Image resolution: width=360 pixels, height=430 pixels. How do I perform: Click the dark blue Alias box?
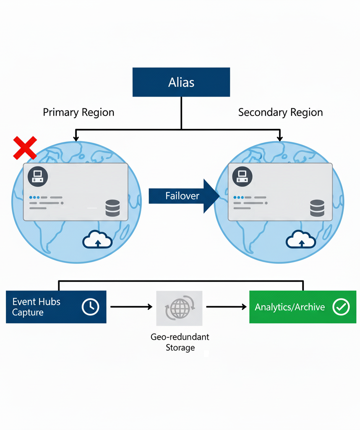[x=181, y=82]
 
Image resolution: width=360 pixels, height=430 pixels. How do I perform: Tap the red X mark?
[x=25, y=148]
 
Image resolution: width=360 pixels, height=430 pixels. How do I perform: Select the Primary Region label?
[x=78, y=113]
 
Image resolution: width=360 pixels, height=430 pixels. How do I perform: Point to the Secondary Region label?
[x=280, y=113]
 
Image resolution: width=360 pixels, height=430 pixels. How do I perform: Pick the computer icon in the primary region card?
[x=38, y=176]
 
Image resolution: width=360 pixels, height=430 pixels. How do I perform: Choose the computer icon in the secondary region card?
[x=242, y=176]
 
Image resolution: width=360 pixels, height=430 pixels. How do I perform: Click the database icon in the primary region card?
[x=112, y=208]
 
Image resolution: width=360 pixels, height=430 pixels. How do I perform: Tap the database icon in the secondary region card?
[x=317, y=208]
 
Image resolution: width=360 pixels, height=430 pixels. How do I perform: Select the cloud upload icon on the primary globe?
[x=97, y=241]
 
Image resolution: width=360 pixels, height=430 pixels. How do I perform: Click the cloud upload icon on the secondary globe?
[x=301, y=241]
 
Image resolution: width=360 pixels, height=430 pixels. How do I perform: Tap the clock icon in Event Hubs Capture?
[x=90, y=307]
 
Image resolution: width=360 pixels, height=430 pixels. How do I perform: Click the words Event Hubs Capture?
[x=36, y=307]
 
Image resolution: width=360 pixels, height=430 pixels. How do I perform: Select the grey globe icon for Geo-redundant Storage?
[x=179, y=309]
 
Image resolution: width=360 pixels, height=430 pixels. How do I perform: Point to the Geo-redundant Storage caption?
[x=180, y=342]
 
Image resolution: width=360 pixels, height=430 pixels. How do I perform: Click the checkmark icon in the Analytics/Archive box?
[x=341, y=307]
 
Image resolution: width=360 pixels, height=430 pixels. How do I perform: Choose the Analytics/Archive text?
[x=290, y=307]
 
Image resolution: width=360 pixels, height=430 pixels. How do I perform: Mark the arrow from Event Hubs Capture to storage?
[x=131, y=307]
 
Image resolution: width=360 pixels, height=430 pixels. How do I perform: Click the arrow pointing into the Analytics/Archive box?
[x=226, y=307]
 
